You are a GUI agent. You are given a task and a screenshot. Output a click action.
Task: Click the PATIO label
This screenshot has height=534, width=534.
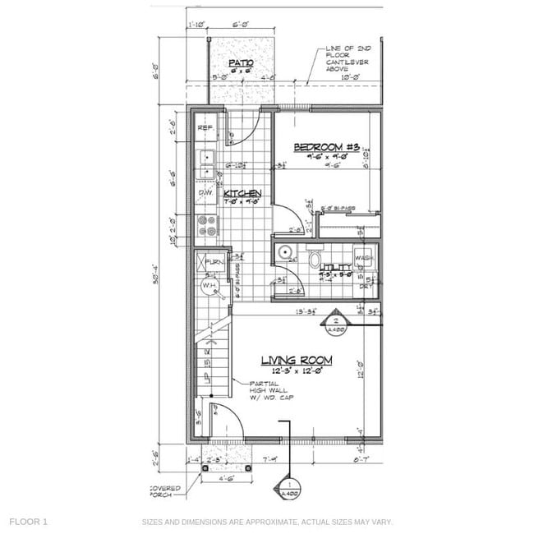[241, 62]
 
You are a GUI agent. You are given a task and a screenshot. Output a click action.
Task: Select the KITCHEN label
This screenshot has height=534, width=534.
[242, 194]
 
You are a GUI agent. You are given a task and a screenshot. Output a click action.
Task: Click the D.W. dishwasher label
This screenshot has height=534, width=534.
[205, 193]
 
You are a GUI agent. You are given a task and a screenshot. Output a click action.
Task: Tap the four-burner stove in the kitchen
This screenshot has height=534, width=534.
[206, 226]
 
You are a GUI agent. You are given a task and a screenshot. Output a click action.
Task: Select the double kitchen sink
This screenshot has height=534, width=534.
[206, 164]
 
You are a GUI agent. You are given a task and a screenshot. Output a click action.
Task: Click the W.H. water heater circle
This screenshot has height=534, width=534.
[209, 286]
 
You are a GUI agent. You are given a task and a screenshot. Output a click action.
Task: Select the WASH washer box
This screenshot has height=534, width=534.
[365, 257]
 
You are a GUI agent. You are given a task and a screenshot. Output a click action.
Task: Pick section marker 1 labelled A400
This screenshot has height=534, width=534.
[288, 490]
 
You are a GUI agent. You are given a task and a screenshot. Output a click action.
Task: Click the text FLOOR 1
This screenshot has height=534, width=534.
[29, 522]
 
